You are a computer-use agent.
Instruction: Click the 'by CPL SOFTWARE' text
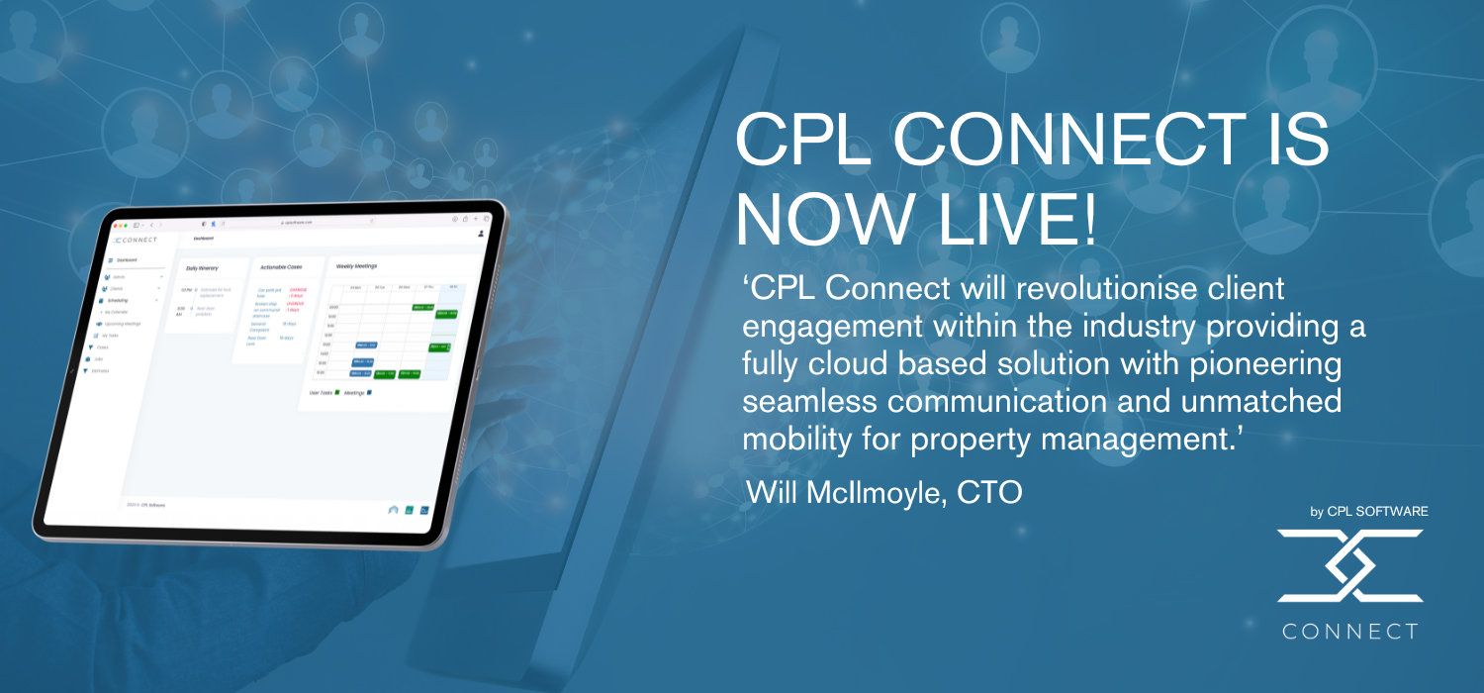[1368, 512]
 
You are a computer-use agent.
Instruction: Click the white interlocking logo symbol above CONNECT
[1349, 565]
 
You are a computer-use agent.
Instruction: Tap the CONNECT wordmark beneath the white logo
[1349, 632]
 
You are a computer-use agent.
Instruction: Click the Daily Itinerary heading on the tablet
[202, 267]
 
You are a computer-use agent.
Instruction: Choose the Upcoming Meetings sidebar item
[122, 324]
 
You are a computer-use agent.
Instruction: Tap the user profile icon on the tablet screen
[481, 234]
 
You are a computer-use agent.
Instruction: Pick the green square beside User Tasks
[336, 393]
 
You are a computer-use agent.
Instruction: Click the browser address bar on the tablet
[297, 223]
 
